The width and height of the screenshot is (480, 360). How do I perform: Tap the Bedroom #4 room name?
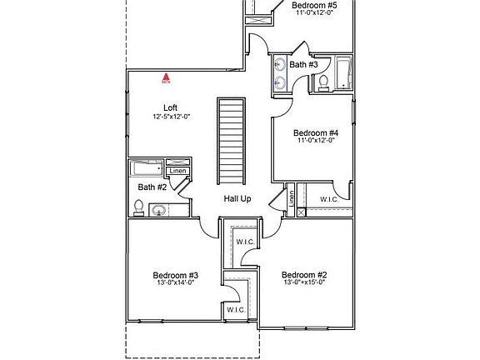pyautogui.click(x=316, y=132)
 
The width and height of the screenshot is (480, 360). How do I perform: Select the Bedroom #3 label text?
pyautogui.click(x=175, y=275)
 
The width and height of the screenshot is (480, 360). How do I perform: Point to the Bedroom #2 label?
pyautogui.click(x=303, y=275)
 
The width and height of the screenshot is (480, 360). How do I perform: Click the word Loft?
pyautogui.click(x=170, y=107)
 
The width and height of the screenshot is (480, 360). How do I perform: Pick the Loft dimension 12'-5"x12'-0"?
pyautogui.click(x=172, y=117)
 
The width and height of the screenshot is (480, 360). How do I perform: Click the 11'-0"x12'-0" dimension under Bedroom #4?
pyautogui.click(x=316, y=141)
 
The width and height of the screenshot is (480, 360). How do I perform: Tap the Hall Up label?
pyautogui.click(x=237, y=199)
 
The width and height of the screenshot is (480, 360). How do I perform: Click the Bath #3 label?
pyautogui.click(x=303, y=64)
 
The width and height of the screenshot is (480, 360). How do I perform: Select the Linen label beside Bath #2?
pyautogui.click(x=177, y=172)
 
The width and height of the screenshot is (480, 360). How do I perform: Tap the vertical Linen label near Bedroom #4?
pyautogui.click(x=292, y=198)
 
